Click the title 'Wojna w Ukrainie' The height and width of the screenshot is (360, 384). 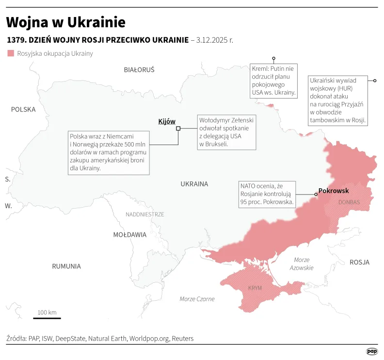coord(65,22)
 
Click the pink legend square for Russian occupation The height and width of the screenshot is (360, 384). coord(11,53)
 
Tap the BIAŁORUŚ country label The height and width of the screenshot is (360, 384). coord(139,70)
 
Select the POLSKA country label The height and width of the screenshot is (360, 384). coord(23,110)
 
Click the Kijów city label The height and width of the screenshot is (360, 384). coord(167,121)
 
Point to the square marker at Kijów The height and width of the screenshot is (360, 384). coord(178,128)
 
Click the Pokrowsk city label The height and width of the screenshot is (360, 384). coord(334,191)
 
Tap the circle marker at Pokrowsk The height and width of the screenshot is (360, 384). coord(316,195)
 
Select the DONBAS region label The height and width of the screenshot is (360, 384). coord(349,202)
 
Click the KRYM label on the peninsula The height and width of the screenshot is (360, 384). coord(255,288)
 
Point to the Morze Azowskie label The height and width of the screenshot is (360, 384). coord(302,264)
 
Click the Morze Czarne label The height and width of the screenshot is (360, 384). coord(197,299)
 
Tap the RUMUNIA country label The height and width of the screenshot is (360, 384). coord(66,266)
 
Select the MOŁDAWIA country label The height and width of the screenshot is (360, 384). coord(129,235)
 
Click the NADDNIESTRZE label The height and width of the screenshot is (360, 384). coord(144,214)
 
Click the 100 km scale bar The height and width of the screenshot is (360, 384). coord(47,318)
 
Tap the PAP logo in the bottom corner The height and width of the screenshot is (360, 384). coord(371,351)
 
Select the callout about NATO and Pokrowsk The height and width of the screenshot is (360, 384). coord(267,194)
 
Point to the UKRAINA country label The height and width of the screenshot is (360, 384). coord(194,184)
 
